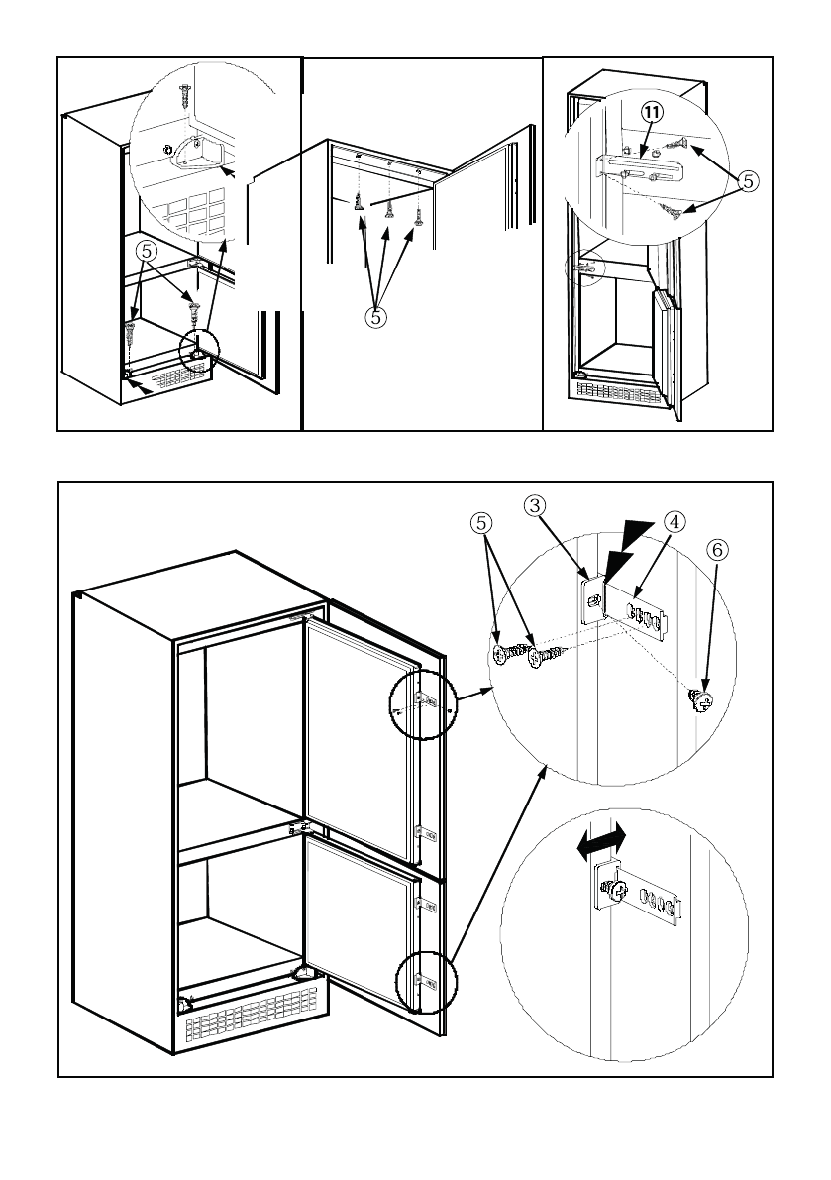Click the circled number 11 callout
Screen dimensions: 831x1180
pyautogui.click(x=652, y=113)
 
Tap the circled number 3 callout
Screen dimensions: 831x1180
pyautogui.click(x=535, y=505)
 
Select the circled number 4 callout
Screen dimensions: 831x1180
pyautogui.click(x=675, y=521)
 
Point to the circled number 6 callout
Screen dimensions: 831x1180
pyautogui.click(x=717, y=550)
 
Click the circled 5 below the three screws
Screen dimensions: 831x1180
pyautogui.click(x=377, y=318)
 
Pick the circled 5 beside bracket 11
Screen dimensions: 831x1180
pyautogui.click(x=748, y=181)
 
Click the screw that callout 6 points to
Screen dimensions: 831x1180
pyautogui.click(x=701, y=700)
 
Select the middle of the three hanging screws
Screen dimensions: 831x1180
pyautogui.click(x=389, y=208)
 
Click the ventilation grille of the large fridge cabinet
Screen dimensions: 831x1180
pyautogui.click(x=252, y=1016)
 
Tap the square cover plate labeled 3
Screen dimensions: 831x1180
pyautogui.click(x=594, y=599)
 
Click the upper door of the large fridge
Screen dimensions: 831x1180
pyautogui.click(x=361, y=737)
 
